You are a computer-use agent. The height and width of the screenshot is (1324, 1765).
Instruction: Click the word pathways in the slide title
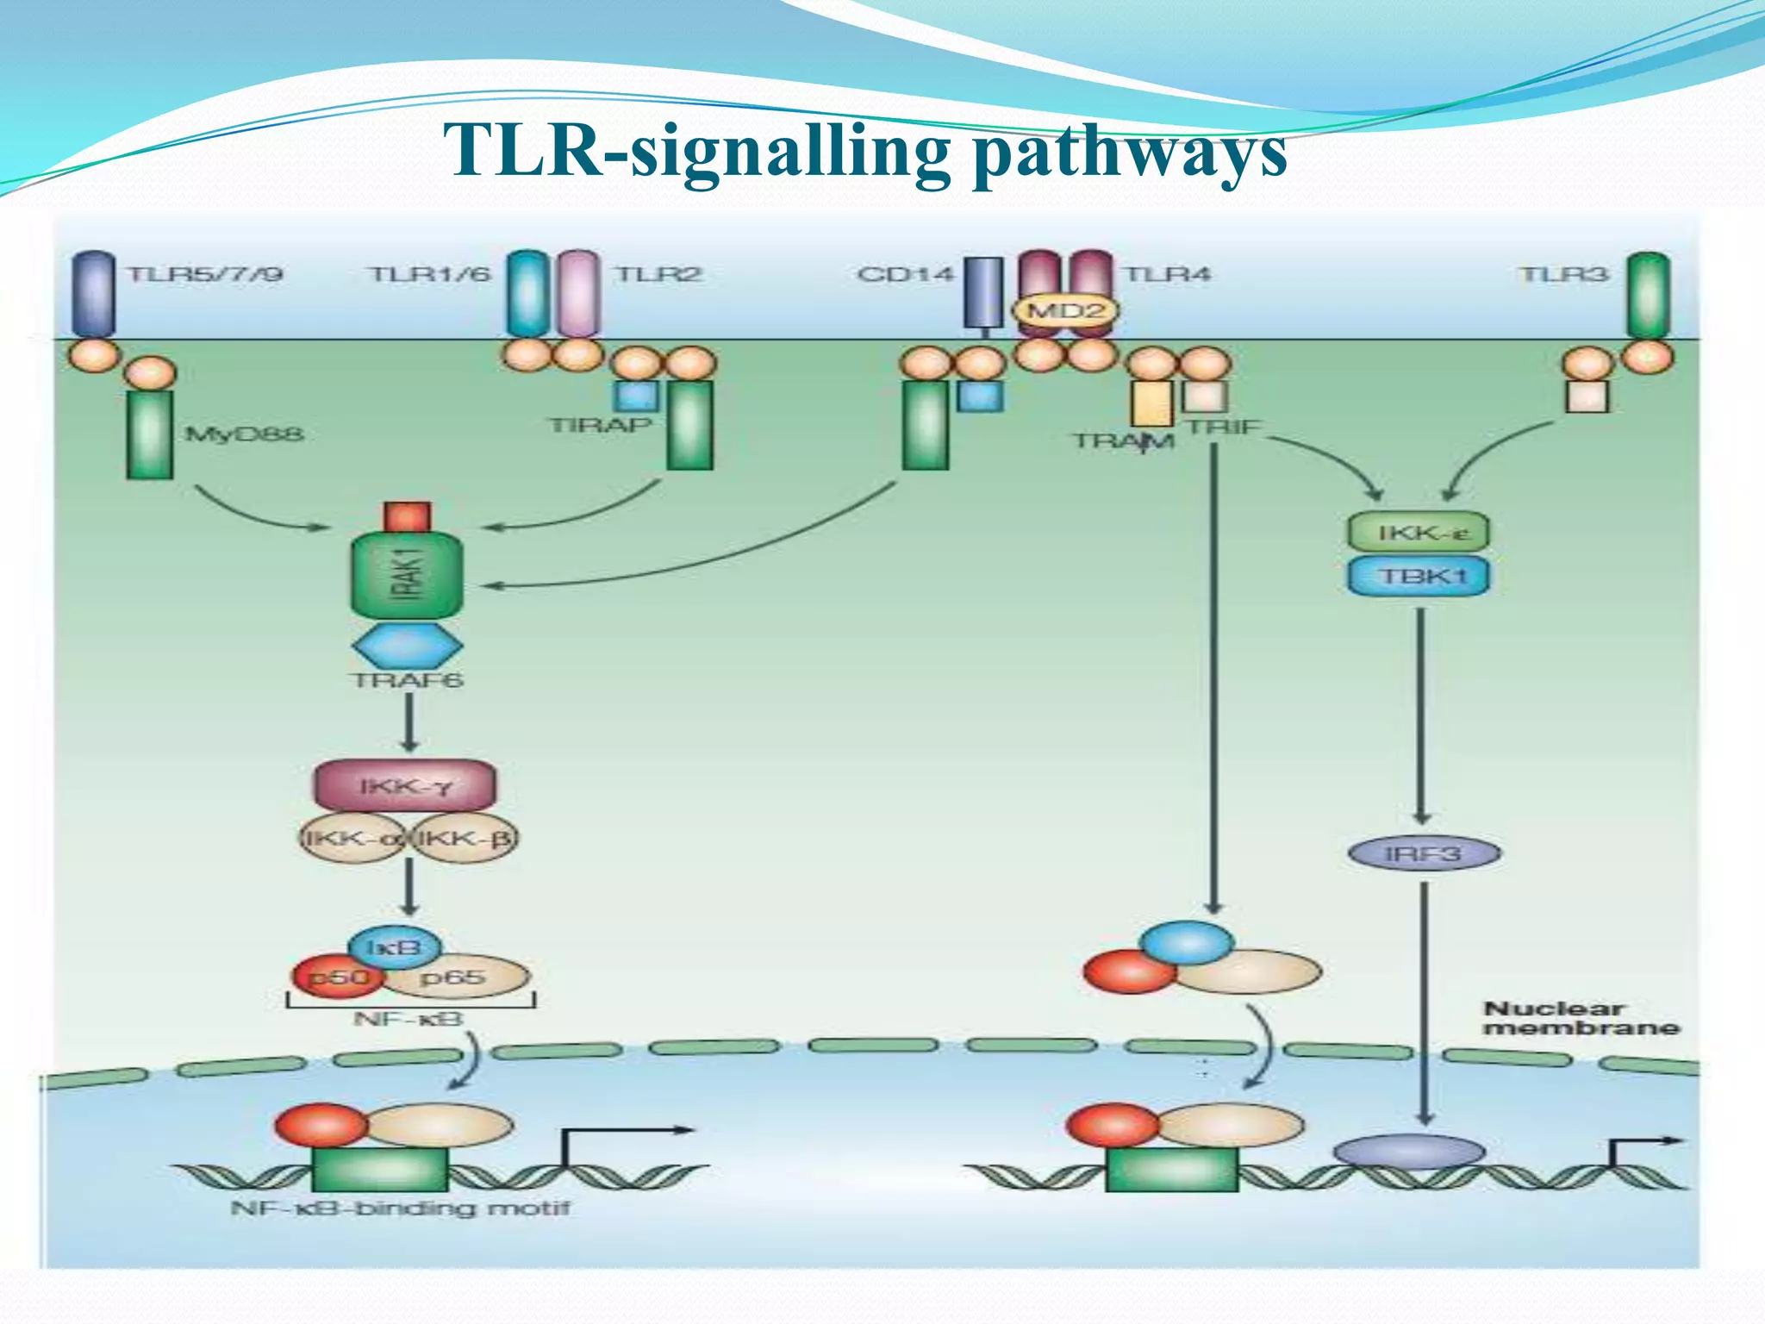1129,153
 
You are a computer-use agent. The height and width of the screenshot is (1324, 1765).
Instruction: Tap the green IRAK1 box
407,575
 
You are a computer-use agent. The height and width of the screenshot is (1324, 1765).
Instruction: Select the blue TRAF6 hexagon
407,645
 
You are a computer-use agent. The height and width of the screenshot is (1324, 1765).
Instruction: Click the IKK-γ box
405,785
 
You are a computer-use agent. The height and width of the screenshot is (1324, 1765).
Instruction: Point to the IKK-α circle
352,838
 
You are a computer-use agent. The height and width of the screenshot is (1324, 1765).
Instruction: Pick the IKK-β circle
466,838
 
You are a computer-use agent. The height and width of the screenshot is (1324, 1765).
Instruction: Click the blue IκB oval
395,947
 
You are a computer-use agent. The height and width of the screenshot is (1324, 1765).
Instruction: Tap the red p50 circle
336,977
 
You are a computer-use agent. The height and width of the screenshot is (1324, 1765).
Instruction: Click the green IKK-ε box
1419,532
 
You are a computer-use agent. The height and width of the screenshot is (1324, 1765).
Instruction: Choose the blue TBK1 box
1419,575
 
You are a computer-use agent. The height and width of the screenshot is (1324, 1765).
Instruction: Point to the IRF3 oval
1424,853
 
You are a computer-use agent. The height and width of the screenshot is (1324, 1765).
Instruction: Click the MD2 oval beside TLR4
1065,310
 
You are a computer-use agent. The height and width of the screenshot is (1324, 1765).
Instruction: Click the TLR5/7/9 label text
205,274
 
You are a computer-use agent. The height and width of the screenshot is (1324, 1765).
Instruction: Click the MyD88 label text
245,433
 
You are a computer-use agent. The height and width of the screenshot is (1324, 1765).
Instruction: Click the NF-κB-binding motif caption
400,1208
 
